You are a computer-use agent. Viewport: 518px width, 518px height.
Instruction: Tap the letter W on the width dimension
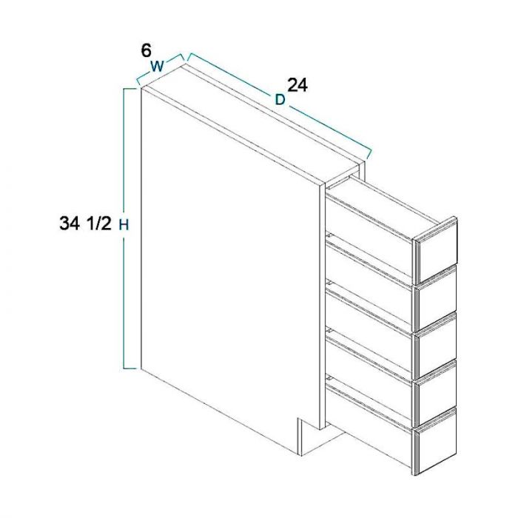coord(157,66)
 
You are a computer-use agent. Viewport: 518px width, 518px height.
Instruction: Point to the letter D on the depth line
coord(280,99)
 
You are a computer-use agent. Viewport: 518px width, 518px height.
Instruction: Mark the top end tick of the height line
coord(131,89)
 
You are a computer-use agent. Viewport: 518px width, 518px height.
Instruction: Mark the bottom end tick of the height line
coord(131,368)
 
